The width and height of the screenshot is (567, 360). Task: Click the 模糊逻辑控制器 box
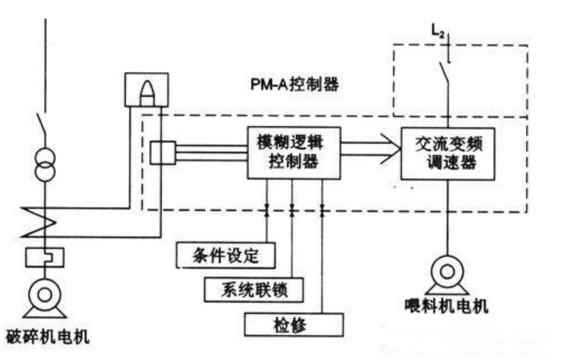[x=294, y=153]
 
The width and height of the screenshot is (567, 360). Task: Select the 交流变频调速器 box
[x=448, y=154]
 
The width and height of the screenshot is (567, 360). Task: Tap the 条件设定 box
[x=226, y=256]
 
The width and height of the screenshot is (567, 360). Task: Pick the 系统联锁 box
[x=254, y=290]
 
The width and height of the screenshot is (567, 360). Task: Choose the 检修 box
[x=294, y=324]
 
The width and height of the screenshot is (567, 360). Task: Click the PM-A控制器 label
[x=294, y=84]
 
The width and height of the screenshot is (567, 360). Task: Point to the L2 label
[x=438, y=31]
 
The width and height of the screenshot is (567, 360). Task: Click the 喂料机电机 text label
[x=446, y=306]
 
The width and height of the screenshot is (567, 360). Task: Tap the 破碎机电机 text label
[x=48, y=336]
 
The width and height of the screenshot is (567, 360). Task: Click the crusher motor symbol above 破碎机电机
[x=45, y=298]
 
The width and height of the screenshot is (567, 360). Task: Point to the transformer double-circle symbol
[x=45, y=165]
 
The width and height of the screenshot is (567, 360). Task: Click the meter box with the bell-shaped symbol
[x=147, y=89]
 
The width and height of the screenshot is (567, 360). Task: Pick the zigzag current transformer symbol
[x=39, y=222]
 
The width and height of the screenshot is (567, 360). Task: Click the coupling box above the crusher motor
[x=45, y=258]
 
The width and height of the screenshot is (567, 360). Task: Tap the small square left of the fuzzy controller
[x=162, y=153]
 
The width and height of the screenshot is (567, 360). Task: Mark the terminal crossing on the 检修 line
[x=322, y=210]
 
